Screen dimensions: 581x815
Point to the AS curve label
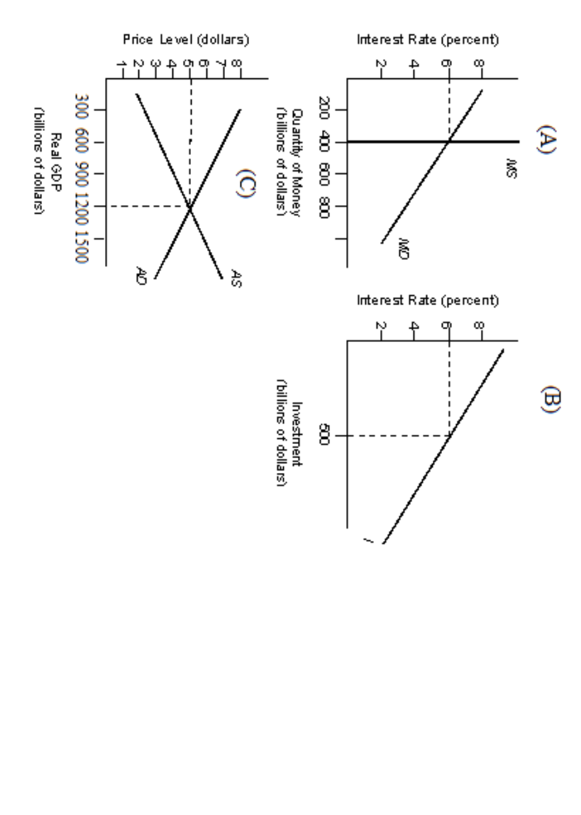coord(236,277)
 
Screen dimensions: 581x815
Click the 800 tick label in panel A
coord(326,206)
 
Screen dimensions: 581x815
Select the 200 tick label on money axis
coord(326,110)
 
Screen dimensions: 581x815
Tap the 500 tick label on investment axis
coord(326,437)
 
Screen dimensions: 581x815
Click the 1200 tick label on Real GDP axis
coord(81,206)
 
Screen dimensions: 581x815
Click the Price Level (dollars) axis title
coord(185,40)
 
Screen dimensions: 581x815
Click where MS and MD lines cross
coord(449,142)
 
